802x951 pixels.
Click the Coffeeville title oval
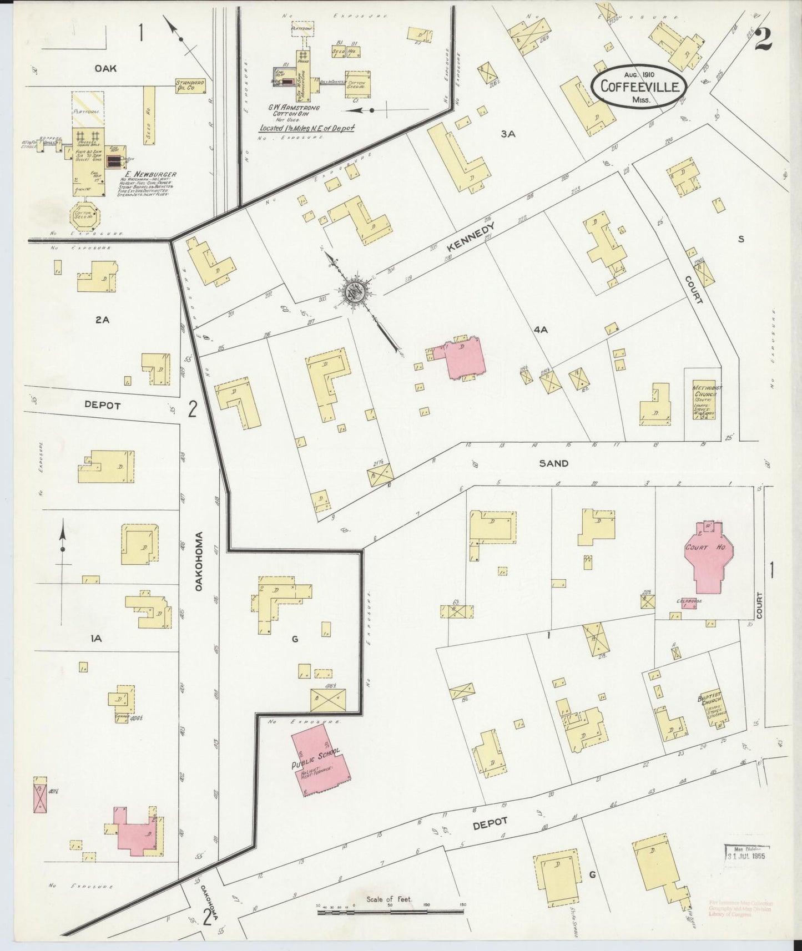tap(639, 87)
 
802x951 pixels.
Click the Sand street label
tap(553, 463)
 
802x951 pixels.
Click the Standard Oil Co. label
tap(190, 85)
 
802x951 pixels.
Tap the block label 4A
tap(541, 330)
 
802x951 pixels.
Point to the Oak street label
tap(105, 68)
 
